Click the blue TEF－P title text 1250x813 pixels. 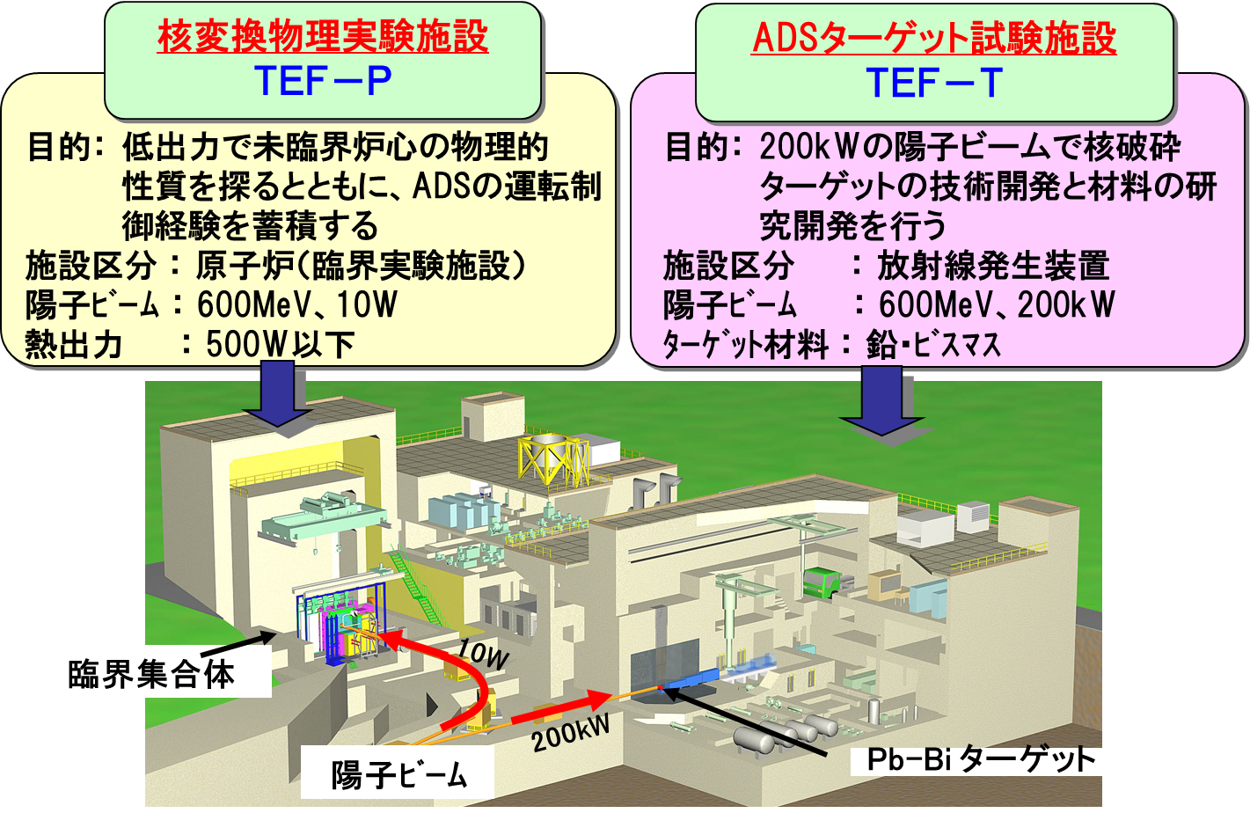(x=323, y=82)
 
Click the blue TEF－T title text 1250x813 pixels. (x=934, y=83)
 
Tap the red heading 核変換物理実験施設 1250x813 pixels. (x=323, y=36)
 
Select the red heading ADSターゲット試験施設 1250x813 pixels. (x=934, y=38)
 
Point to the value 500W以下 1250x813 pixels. (x=280, y=344)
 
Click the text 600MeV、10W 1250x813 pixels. (x=296, y=304)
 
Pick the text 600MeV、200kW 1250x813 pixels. (x=997, y=304)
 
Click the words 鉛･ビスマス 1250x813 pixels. (x=933, y=344)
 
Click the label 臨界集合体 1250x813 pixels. (x=151, y=674)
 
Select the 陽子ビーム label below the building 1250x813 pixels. (x=399, y=774)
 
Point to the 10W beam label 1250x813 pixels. (x=483, y=654)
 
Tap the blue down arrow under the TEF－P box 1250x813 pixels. (x=277, y=394)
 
